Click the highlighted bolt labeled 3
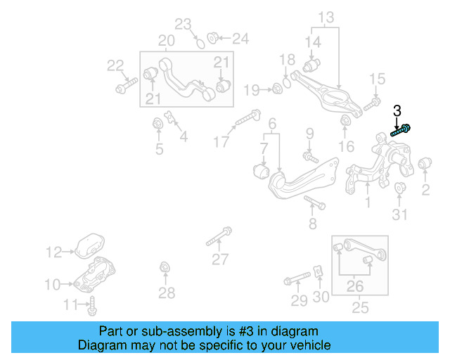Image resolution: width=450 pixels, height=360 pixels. [401, 129]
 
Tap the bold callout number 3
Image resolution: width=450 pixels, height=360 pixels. [397, 110]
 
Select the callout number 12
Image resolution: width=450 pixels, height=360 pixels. [54, 251]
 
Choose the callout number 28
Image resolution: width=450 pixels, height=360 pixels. [167, 292]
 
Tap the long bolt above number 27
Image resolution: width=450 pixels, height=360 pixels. [220, 236]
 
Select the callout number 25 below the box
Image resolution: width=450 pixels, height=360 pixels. [360, 308]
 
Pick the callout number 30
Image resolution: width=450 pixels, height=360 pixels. [321, 297]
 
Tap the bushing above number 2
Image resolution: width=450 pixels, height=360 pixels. [425, 165]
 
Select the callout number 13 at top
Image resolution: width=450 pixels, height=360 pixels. [326, 17]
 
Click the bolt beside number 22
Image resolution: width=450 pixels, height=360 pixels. [126, 87]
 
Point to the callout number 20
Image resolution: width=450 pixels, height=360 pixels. [166, 41]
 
